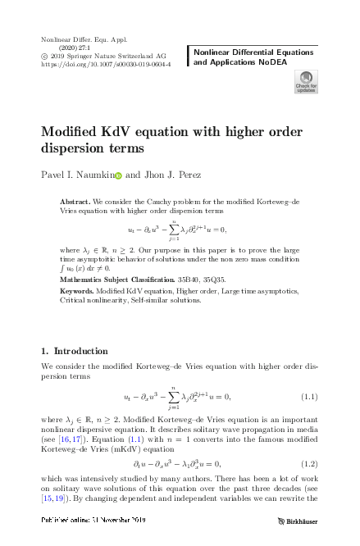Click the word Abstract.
pos(77,202)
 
